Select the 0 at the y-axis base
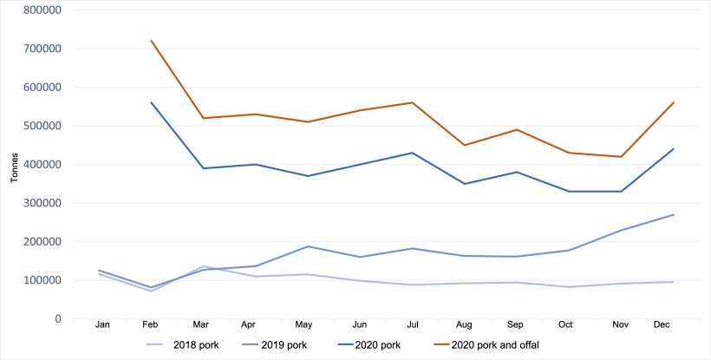pyautogui.click(x=57, y=319)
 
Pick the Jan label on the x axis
pyautogui.click(x=101, y=324)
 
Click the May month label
pyautogui.click(x=303, y=324)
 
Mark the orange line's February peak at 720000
pyautogui.click(x=152, y=41)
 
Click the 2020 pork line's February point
pyautogui.click(x=152, y=102)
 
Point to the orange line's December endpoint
pyautogui.click(x=674, y=102)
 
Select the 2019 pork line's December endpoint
pyautogui.click(x=674, y=215)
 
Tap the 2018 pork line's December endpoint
pyautogui.click(x=674, y=282)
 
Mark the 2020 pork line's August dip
pyautogui.click(x=465, y=184)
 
